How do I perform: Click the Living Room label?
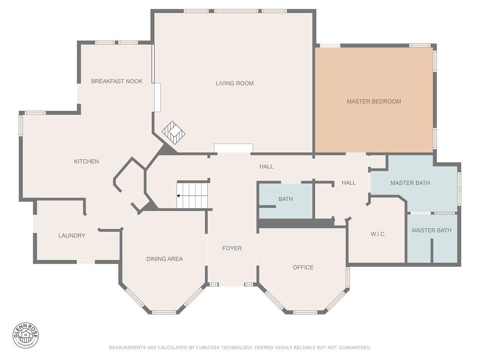click(234, 83)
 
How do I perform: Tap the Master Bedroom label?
click(374, 101)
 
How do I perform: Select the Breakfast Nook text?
click(117, 81)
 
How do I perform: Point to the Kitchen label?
click(86, 161)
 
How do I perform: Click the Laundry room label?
click(72, 235)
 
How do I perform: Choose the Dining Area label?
click(164, 259)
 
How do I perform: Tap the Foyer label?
click(232, 248)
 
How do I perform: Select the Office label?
click(303, 267)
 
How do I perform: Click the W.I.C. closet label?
click(378, 234)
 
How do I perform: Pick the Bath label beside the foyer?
click(285, 199)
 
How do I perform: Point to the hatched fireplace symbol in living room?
click(173, 133)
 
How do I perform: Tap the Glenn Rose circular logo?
click(26, 335)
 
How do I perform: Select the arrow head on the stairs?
click(179, 195)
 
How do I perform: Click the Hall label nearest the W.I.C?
click(348, 183)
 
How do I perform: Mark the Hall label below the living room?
click(266, 166)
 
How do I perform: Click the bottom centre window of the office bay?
click(305, 312)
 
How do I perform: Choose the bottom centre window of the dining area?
click(164, 312)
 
